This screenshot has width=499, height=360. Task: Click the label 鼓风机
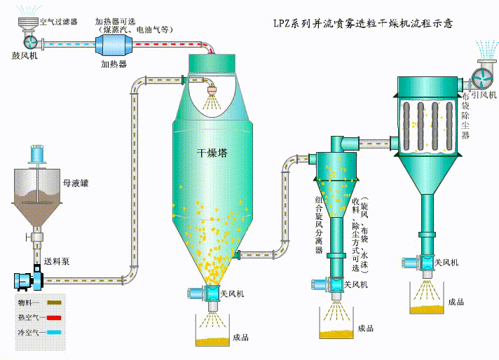[x=24, y=54]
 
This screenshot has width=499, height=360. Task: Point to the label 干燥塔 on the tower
[x=211, y=152]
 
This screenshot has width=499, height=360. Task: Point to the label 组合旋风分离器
[x=320, y=224]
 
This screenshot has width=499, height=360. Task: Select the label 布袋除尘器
[x=465, y=116]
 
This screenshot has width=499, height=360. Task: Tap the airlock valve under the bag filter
[x=425, y=263]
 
